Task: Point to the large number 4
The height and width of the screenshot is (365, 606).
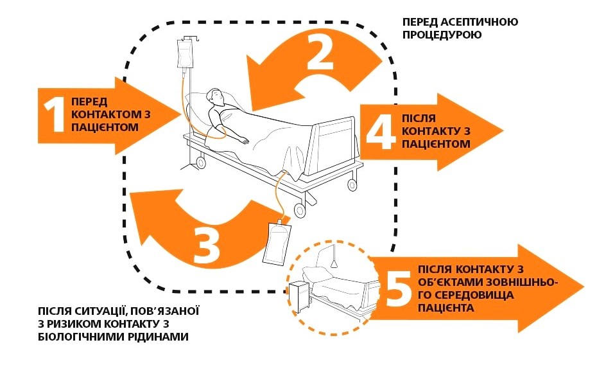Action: pos(380,131)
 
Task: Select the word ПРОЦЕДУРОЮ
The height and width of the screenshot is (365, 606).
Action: pos(442,35)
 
